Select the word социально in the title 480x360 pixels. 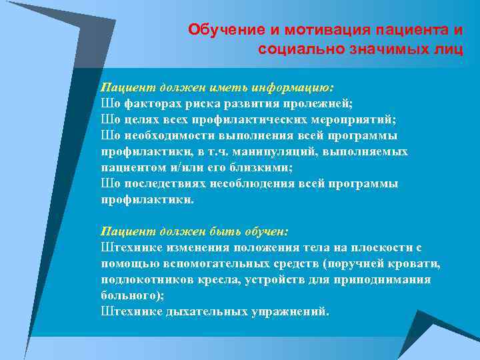pyautogui.click(x=301, y=49)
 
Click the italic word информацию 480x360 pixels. pyautogui.click(x=293, y=87)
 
